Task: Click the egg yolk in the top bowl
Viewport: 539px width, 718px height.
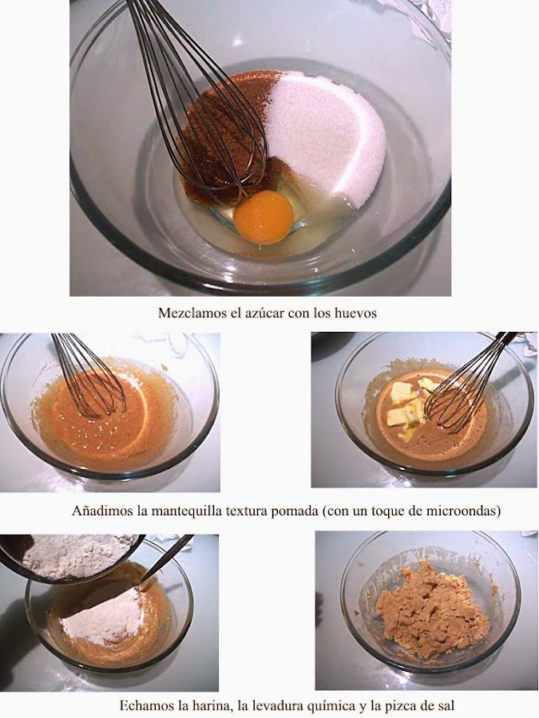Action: click(264, 216)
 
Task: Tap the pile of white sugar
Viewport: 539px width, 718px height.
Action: click(326, 137)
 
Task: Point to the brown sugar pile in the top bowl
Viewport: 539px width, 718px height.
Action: click(221, 137)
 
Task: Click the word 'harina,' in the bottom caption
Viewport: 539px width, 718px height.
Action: click(210, 705)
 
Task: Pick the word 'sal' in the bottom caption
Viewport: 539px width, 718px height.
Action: click(446, 705)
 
